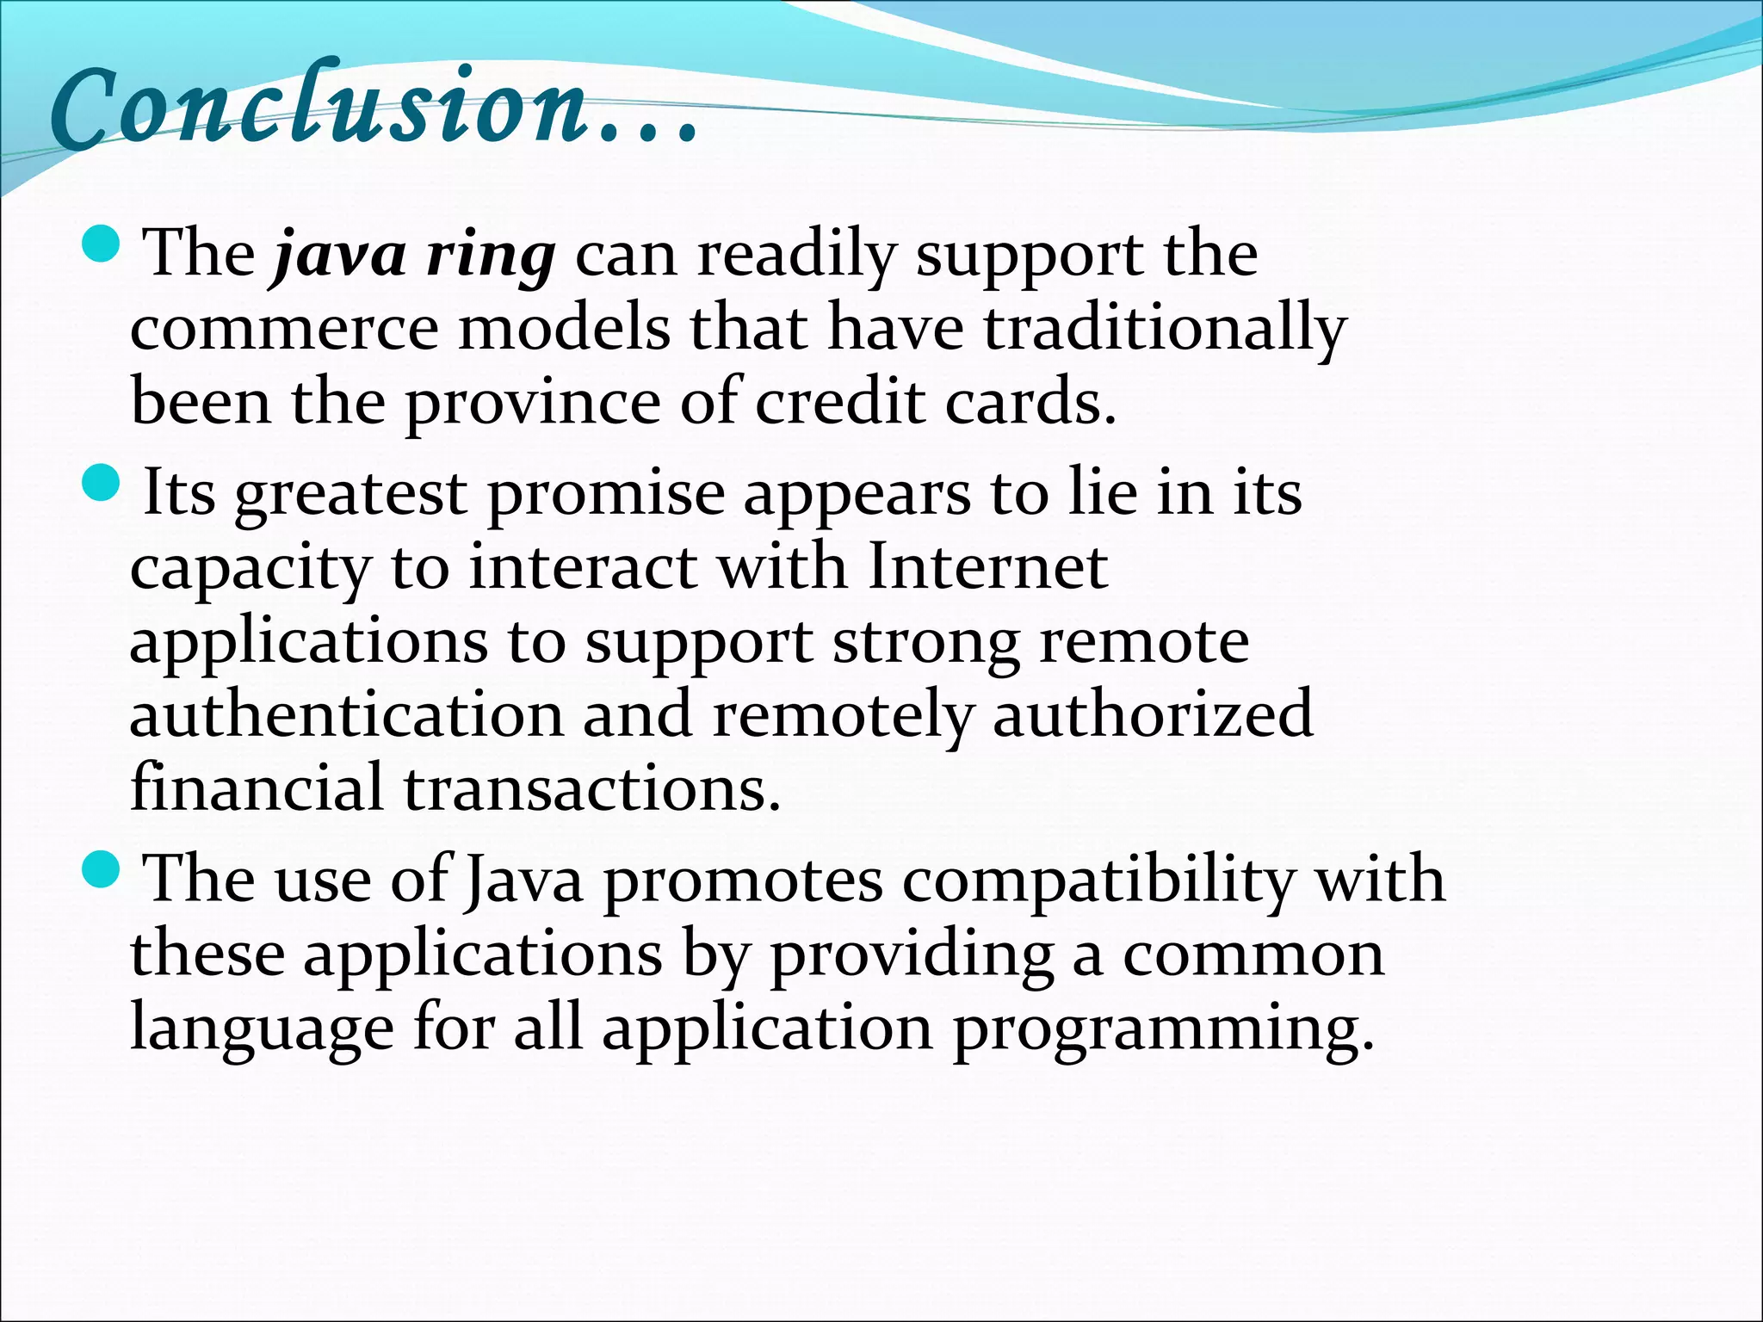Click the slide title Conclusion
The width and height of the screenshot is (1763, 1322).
tap(319, 108)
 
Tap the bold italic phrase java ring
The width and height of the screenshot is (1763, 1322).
tap(413, 256)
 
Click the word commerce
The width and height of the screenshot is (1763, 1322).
tap(284, 330)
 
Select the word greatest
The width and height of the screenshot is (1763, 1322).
tap(350, 495)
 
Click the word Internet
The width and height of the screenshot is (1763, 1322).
tap(987, 568)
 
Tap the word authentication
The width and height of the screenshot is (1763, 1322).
tap(346, 715)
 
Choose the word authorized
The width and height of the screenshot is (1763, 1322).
tap(1153, 715)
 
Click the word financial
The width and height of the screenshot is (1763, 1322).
tap(256, 788)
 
